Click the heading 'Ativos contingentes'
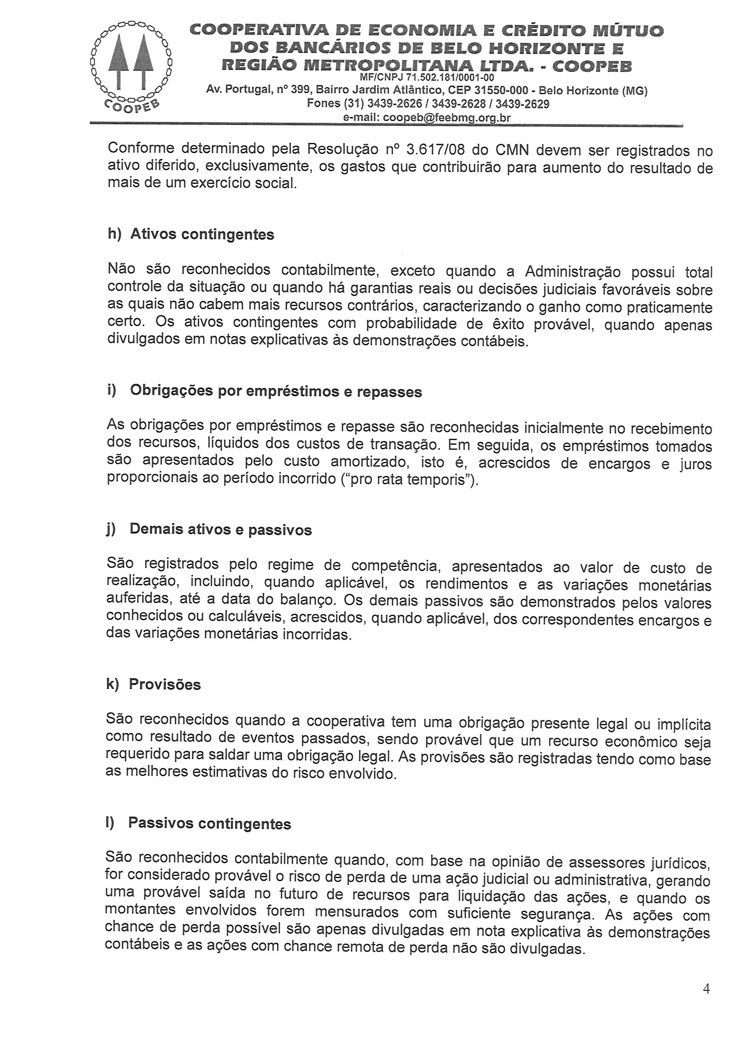point(202,235)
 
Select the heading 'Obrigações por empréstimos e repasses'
point(276,391)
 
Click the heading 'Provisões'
point(165,684)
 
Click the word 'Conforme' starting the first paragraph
point(141,149)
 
